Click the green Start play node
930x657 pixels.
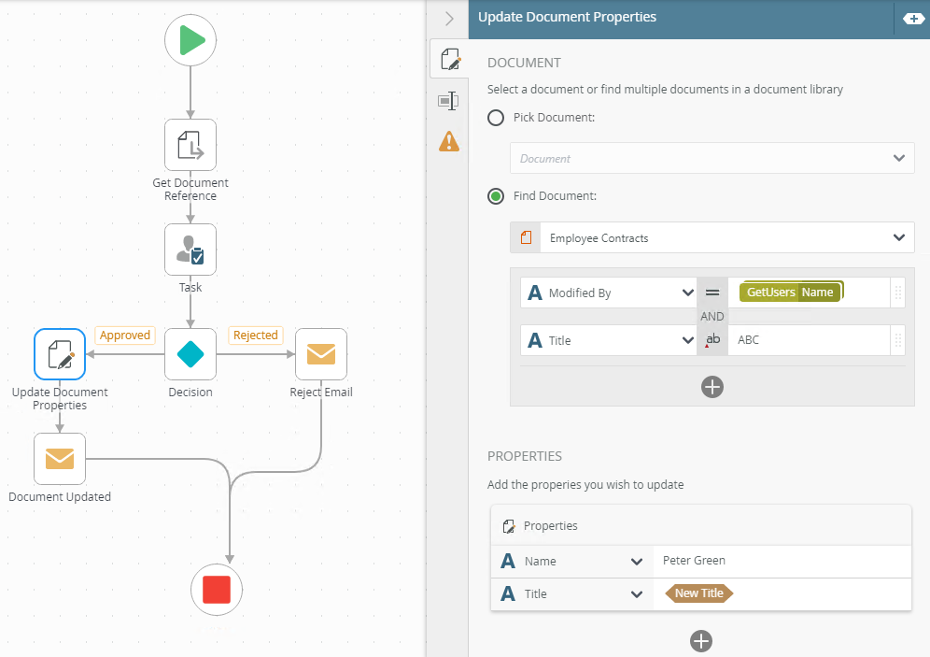point(190,41)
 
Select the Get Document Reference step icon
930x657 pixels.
point(190,145)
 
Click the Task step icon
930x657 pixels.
point(190,250)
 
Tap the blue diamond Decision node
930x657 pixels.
point(190,354)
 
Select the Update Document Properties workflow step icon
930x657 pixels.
point(60,354)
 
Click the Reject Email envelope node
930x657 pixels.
point(321,354)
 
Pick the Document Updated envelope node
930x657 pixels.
point(60,459)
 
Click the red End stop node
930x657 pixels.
point(217,590)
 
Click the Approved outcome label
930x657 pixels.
point(124,336)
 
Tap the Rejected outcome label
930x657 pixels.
point(255,336)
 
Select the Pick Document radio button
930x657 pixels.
point(497,118)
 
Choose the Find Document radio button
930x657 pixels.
point(497,196)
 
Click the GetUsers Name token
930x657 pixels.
point(790,293)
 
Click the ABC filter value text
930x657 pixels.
point(749,340)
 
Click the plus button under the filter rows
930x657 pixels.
point(712,386)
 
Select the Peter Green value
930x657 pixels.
point(694,561)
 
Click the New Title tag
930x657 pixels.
point(699,593)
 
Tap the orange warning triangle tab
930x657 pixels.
point(449,141)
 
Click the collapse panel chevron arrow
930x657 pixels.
point(449,19)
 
